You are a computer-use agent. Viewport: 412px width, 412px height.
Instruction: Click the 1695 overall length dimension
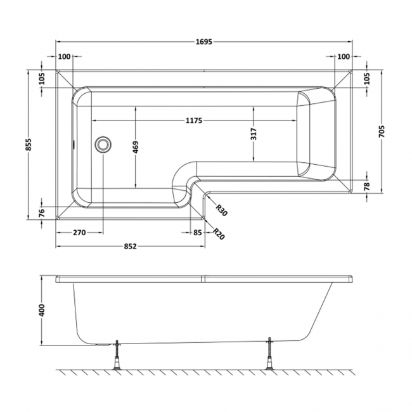tap(204, 42)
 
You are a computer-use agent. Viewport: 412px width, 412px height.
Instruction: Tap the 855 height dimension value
tap(28, 145)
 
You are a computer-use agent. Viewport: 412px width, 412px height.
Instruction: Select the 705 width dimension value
tap(382, 131)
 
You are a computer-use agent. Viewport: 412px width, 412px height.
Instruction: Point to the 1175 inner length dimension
tap(194, 120)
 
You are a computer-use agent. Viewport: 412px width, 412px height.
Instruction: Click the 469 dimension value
tap(136, 148)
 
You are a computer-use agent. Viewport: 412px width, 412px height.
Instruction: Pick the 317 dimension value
tap(254, 134)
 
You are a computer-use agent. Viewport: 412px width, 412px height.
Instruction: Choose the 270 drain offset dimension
tap(79, 233)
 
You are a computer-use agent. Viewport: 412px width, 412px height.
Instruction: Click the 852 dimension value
tap(131, 247)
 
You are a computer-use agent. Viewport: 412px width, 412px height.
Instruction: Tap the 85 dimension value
tap(197, 233)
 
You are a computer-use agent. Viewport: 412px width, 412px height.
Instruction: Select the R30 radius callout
tap(221, 210)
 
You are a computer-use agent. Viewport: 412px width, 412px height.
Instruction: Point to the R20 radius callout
tap(218, 234)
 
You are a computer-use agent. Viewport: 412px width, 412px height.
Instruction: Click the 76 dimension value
tap(42, 212)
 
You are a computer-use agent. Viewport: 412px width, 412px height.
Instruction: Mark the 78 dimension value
tap(367, 186)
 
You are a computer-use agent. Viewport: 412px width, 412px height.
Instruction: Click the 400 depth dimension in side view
tap(42, 310)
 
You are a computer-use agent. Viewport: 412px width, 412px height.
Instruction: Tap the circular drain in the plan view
tap(103, 145)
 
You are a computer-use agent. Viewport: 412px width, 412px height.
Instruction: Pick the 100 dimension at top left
tap(64, 56)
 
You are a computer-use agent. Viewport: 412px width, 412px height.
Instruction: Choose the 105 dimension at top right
tap(367, 78)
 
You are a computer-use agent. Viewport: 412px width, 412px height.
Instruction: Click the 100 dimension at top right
tap(344, 56)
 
